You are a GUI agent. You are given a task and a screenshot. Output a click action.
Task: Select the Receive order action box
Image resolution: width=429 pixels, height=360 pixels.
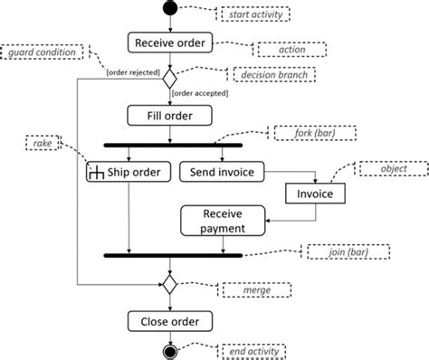click(170, 43)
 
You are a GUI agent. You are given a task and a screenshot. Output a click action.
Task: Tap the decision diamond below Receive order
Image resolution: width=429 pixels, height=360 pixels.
click(170, 79)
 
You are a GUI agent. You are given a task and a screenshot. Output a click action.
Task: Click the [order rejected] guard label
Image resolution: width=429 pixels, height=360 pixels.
click(133, 71)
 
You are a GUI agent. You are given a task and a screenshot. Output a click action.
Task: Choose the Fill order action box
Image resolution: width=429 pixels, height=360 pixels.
click(170, 116)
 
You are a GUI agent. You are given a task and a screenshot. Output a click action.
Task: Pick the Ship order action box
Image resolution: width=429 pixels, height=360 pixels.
click(130, 172)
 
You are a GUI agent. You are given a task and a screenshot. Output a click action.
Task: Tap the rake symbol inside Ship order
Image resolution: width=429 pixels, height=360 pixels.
click(97, 173)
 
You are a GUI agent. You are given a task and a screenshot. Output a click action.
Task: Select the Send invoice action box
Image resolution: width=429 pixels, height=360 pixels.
click(222, 172)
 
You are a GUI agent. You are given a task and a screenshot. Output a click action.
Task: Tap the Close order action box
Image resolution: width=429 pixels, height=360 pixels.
click(170, 321)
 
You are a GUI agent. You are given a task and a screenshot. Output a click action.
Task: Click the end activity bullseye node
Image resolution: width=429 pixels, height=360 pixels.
click(170, 351)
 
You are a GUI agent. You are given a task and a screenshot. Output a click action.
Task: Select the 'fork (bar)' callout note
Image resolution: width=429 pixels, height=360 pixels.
click(303, 133)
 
